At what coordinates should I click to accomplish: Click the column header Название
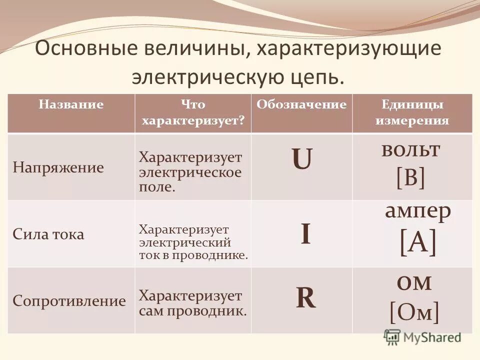[x=71, y=105]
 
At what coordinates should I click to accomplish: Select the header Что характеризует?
[x=193, y=113]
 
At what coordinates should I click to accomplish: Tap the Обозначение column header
[x=301, y=105]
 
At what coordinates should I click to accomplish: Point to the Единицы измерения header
[x=412, y=113]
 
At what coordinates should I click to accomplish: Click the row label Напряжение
[x=58, y=167]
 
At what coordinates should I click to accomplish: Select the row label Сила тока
[x=48, y=234]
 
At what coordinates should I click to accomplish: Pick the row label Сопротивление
[x=69, y=301]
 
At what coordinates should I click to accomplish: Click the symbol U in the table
[x=302, y=161]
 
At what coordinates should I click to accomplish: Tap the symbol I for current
[x=305, y=234]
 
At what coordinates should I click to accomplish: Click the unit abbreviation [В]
[x=410, y=177]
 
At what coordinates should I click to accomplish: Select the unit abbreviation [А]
[x=417, y=244]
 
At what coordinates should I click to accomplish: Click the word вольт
[x=410, y=149]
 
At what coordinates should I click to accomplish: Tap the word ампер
[x=418, y=212]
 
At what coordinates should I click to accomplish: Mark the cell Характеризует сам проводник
[x=192, y=303]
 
